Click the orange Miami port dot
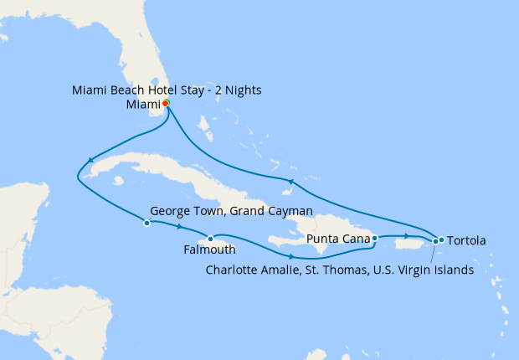click(166, 103)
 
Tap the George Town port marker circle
click(146, 223)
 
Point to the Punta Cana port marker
click(374, 238)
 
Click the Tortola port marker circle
click(441, 240)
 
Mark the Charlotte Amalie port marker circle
click(434, 242)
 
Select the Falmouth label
click(209, 249)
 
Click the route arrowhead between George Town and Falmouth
click(178, 226)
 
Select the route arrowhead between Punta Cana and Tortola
click(406, 237)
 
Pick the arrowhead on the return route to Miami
click(290, 181)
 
